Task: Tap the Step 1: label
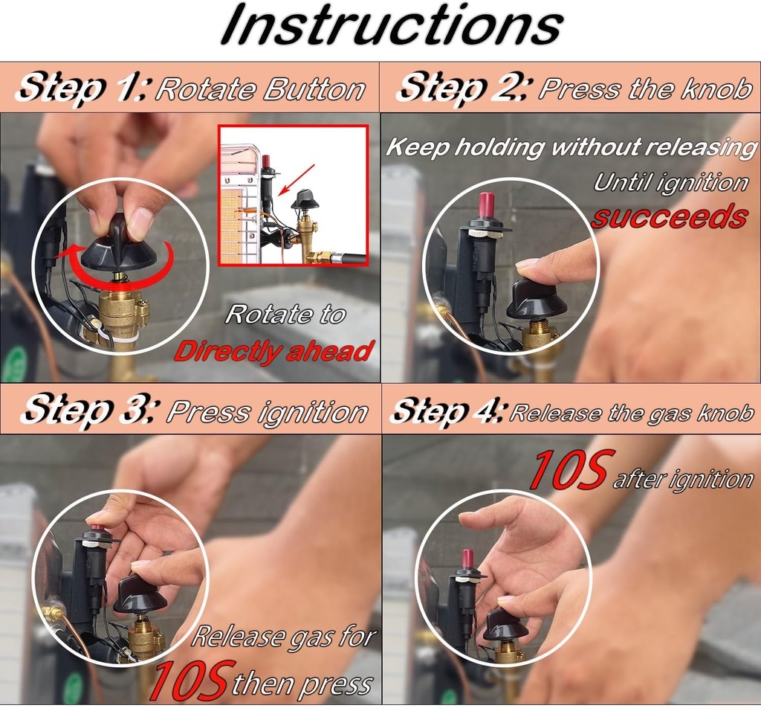tap(85, 88)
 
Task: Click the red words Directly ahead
tap(273, 350)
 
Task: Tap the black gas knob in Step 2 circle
tap(537, 300)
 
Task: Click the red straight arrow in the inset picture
tap(296, 179)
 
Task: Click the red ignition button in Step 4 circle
tap(467, 561)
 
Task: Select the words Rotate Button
tap(261, 89)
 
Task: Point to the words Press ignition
tap(268, 413)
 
